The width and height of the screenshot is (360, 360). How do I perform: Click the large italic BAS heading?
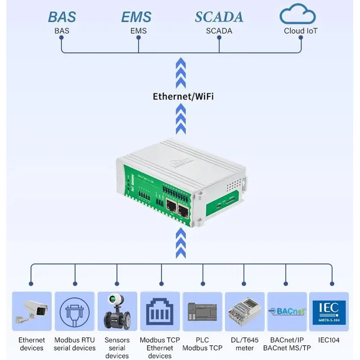pos(62,17)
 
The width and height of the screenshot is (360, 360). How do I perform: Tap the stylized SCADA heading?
pos(219,17)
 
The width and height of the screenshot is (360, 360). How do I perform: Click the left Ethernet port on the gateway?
pos(171,207)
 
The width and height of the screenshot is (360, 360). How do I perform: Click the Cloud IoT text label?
pos(301,31)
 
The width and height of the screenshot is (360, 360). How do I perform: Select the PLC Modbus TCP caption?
pos(202,344)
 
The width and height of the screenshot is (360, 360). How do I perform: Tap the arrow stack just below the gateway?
pos(180,243)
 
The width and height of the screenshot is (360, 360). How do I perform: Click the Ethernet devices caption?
pos(31,344)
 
